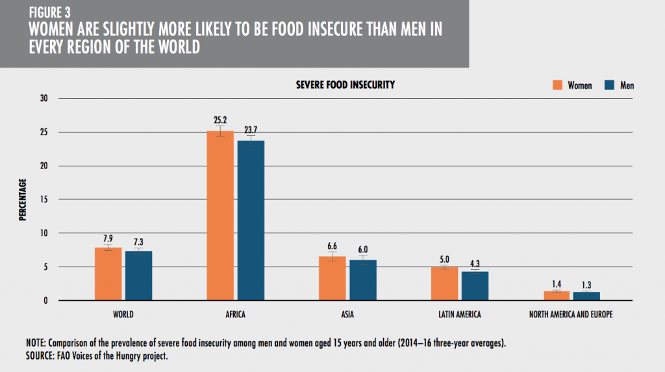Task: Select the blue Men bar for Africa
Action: (x=251, y=220)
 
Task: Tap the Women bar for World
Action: (x=108, y=274)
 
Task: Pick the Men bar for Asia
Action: (x=362, y=280)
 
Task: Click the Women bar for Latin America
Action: (x=444, y=284)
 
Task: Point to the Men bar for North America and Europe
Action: (x=586, y=296)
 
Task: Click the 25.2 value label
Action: (x=220, y=120)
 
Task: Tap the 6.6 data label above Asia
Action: (x=331, y=246)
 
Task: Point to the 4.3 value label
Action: (x=474, y=262)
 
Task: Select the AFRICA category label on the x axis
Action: (x=235, y=315)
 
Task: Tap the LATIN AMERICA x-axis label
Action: (x=459, y=315)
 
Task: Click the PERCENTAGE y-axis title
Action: (x=22, y=200)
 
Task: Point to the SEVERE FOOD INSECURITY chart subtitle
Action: (x=345, y=85)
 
